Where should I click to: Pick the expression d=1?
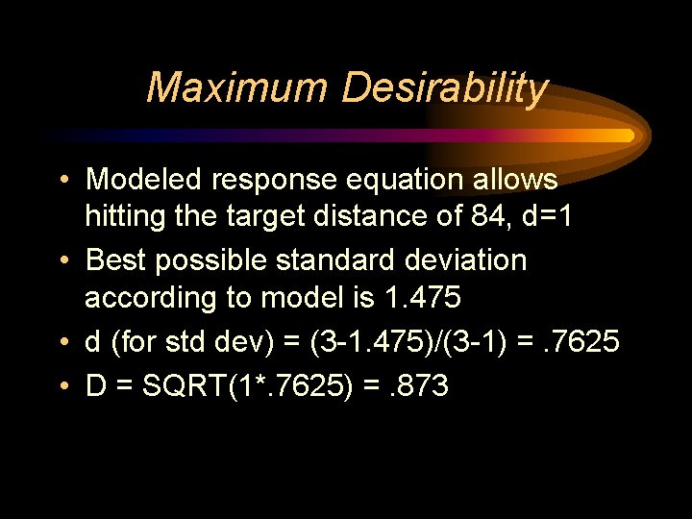(x=551, y=216)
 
